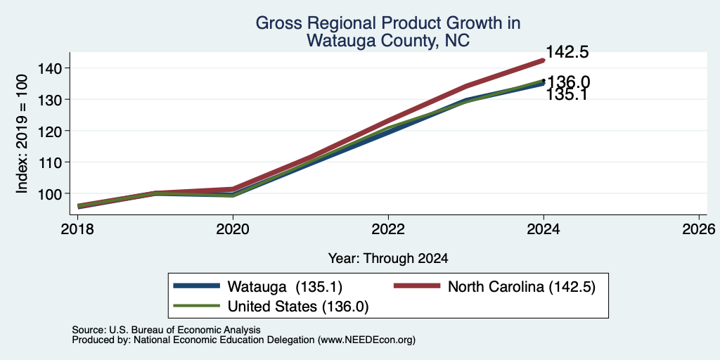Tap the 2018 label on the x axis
point(77,229)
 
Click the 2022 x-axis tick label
point(388,229)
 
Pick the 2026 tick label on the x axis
point(699,229)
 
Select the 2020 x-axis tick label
point(233,229)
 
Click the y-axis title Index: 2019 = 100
point(22,134)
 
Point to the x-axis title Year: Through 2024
point(388,259)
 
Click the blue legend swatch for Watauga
point(197,286)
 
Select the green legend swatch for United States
point(197,306)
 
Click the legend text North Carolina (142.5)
point(522,287)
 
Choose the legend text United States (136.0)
point(298,307)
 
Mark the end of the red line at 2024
point(544,60)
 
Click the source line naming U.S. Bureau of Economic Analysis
point(166,330)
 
